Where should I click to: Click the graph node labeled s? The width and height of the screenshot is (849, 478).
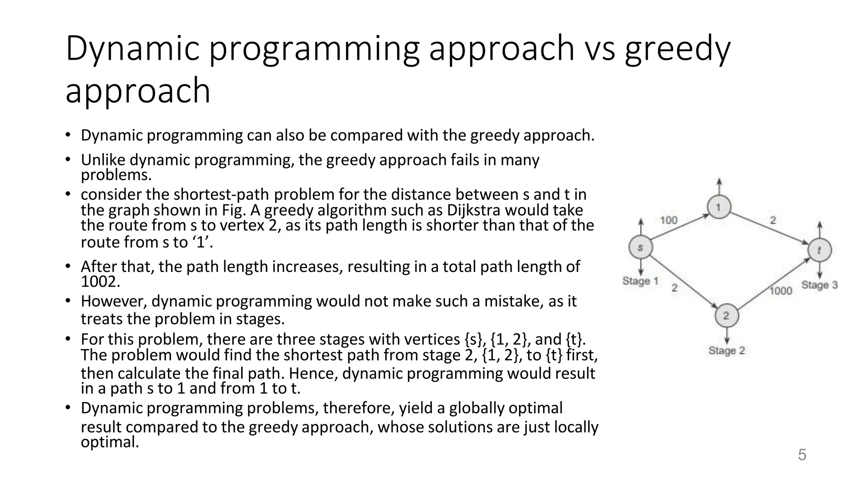point(640,248)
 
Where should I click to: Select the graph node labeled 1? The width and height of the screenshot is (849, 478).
point(719,207)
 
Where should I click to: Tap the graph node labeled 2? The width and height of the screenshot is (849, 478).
point(726,316)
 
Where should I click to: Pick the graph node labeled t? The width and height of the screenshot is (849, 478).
point(820,250)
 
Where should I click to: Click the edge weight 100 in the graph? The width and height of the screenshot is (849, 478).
point(669,220)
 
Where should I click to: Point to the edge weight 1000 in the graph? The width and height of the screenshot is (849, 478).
point(781,291)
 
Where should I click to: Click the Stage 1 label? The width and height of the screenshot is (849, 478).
point(640,281)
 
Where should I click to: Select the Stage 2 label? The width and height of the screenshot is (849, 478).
point(727,351)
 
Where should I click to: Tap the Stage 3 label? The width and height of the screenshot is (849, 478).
point(820,285)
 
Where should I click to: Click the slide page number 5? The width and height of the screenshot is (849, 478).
point(802,455)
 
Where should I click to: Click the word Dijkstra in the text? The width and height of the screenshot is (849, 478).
point(473,210)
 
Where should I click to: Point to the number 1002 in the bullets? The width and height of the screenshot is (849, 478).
point(100,282)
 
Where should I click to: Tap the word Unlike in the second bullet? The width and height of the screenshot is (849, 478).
point(103,160)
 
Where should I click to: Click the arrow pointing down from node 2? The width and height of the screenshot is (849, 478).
point(727,335)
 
